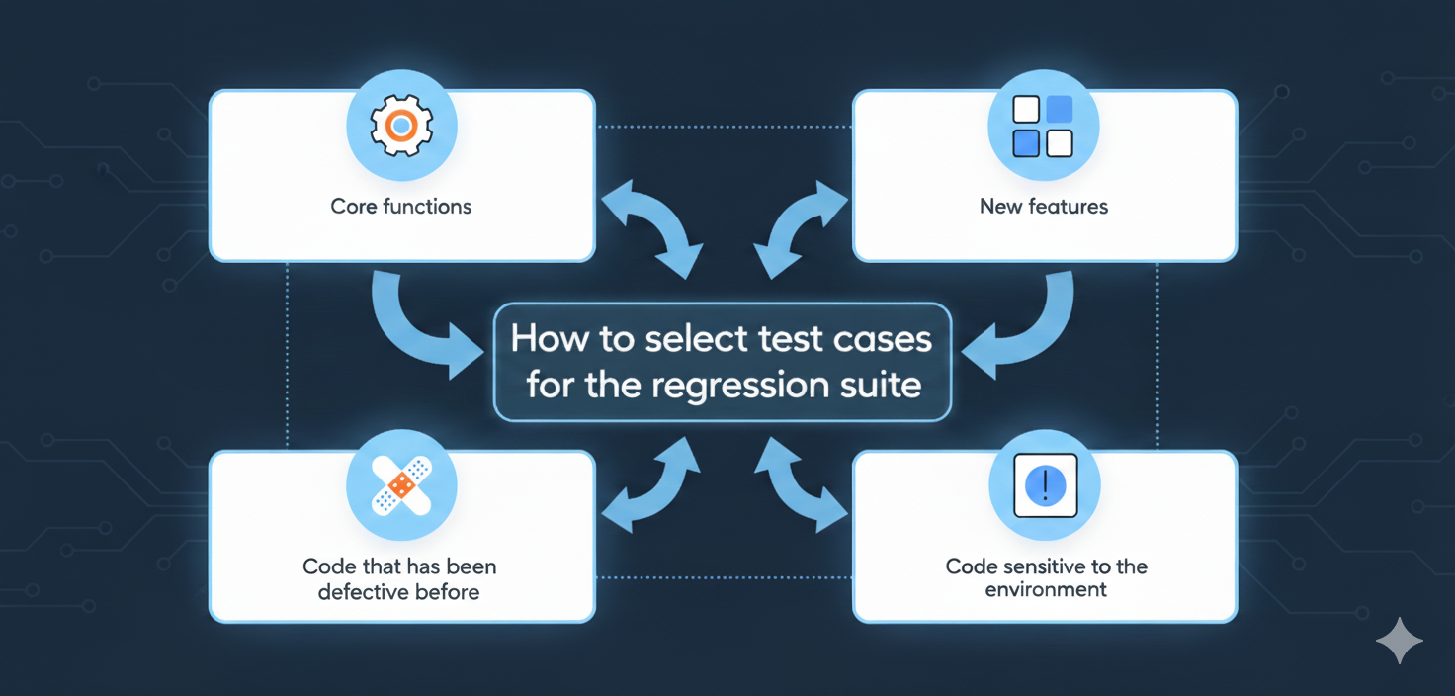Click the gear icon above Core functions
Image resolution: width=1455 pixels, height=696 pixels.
[x=400, y=126]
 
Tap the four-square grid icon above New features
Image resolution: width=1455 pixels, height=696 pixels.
[x=1043, y=126]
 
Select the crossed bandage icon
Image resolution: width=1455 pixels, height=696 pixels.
[x=400, y=484]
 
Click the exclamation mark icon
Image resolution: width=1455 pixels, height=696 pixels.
[x=1045, y=484]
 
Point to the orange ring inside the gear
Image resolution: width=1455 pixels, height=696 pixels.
[x=400, y=126]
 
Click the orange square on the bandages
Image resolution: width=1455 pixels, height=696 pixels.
[x=401, y=483]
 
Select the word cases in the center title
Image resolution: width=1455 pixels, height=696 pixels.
[x=880, y=340]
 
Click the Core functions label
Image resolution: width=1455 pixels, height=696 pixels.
[x=400, y=207]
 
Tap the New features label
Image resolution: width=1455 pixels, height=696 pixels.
[x=1044, y=207]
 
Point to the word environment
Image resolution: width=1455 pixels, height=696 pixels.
[x=1046, y=590]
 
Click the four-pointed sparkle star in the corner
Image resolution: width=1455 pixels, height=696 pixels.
[x=1400, y=642]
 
